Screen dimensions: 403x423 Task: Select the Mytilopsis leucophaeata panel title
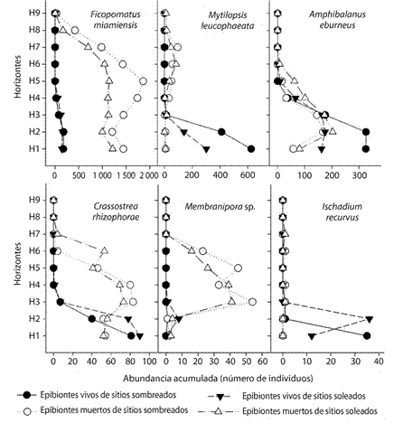pyautogui.click(x=228, y=20)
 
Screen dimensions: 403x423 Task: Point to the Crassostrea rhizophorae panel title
pyautogui.click(x=116, y=211)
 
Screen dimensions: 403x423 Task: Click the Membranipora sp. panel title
pyautogui.click(x=220, y=207)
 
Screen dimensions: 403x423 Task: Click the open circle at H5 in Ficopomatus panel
pyautogui.click(x=144, y=81)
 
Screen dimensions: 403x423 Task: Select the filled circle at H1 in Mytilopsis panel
pyautogui.click(x=251, y=149)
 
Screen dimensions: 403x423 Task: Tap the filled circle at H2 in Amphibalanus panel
pyautogui.click(x=366, y=132)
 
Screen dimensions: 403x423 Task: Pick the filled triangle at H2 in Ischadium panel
pyautogui.click(x=370, y=319)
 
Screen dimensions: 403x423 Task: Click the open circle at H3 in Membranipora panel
pyautogui.click(x=253, y=302)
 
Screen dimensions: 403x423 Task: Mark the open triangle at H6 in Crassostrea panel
pyautogui.click(x=105, y=250)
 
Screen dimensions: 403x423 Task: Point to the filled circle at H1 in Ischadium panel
pyautogui.click(x=367, y=335)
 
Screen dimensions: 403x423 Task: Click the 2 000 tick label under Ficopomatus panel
pyautogui.click(x=149, y=175)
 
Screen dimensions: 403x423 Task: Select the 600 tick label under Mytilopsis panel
pyautogui.click(x=248, y=175)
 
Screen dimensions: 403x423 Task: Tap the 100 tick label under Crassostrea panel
pyautogui.click(x=149, y=361)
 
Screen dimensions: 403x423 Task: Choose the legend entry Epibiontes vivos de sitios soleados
pyautogui.click(x=304, y=396)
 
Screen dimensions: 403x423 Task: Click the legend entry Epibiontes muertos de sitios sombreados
pyautogui.click(x=114, y=410)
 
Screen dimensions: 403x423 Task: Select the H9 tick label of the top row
pyautogui.click(x=33, y=14)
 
